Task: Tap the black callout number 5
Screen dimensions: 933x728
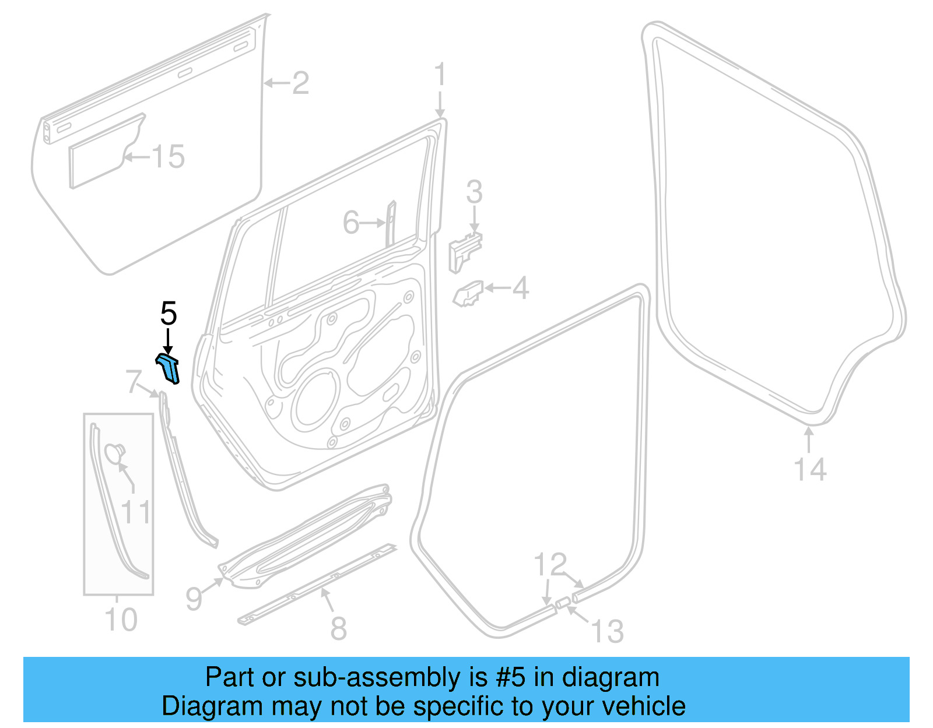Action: pyautogui.click(x=168, y=314)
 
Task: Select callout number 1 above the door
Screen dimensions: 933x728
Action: pyautogui.click(x=440, y=76)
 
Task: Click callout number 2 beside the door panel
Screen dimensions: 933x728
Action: pyautogui.click(x=300, y=83)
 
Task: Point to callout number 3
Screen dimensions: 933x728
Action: pyautogui.click(x=474, y=192)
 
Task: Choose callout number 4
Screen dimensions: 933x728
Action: pyautogui.click(x=520, y=288)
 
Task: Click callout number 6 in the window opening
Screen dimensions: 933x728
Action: pyautogui.click(x=351, y=223)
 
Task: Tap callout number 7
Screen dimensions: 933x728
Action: pyautogui.click(x=134, y=382)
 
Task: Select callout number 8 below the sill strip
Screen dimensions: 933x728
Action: pyautogui.click(x=339, y=628)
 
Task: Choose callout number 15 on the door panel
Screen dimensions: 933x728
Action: pyautogui.click(x=168, y=156)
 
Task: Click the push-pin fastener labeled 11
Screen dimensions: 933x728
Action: pyautogui.click(x=114, y=453)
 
